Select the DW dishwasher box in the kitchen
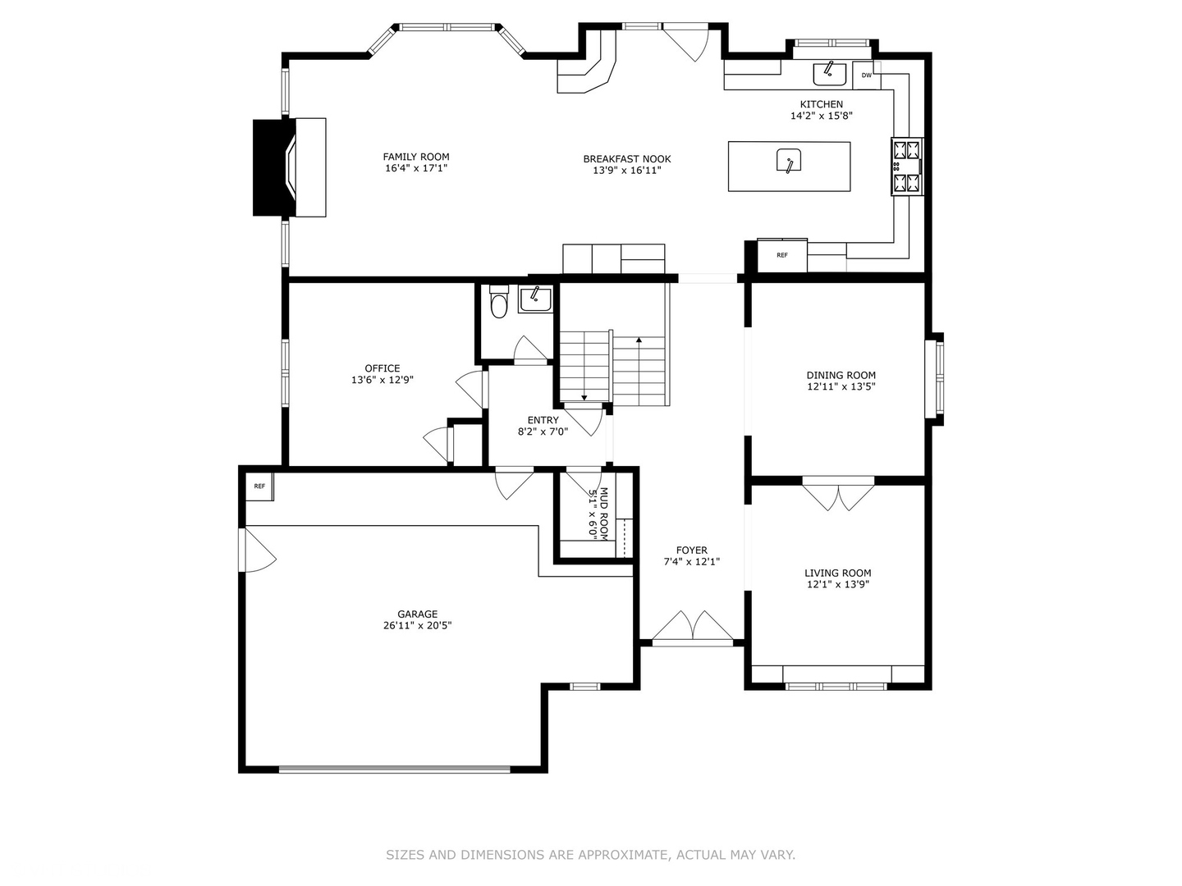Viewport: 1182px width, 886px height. point(867,75)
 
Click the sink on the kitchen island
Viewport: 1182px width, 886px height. point(788,161)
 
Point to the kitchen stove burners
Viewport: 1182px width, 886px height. point(907,167)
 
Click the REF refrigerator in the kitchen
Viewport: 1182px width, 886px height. point(782,255)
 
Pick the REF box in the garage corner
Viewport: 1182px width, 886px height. point(259,486)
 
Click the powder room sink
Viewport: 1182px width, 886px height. point(534,299)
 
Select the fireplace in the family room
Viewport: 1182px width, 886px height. point(290,167)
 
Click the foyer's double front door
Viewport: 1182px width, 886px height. point(693,628)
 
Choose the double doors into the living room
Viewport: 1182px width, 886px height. point(838,493)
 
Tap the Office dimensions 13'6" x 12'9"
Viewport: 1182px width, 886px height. point(383,380)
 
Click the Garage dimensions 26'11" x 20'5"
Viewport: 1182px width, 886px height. point(417,625)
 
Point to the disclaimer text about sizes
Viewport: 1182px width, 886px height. point(590,854)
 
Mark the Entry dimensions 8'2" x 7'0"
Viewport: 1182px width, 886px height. point(543,432)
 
